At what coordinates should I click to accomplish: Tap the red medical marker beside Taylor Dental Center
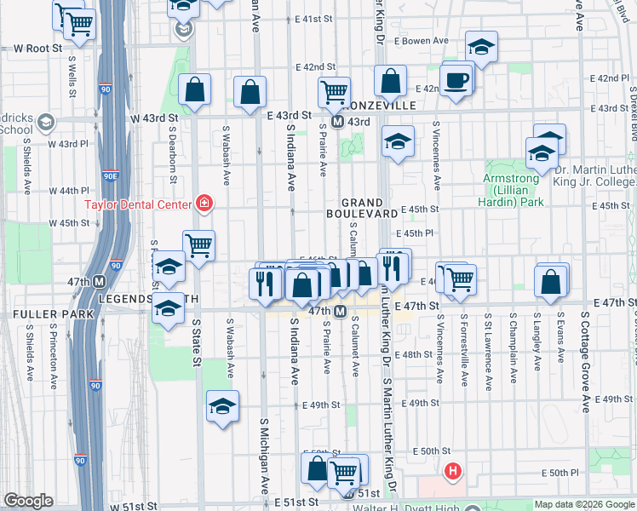click(204, 203)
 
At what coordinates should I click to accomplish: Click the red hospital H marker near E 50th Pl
click(454, 470)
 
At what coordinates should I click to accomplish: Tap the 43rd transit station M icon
click(337, 122)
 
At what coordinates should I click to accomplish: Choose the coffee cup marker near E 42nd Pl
click(457, 81)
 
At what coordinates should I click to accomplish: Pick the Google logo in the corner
click(28, 501)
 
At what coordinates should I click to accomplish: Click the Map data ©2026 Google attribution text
click(584, 504)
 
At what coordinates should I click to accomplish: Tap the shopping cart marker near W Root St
click(79, 24)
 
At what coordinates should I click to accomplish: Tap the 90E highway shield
click(111, 177)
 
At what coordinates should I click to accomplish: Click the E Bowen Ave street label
click(423, 41)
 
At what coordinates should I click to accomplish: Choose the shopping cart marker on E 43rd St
click(335, 89)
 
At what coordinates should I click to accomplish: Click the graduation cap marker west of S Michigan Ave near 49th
click(222, 405)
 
